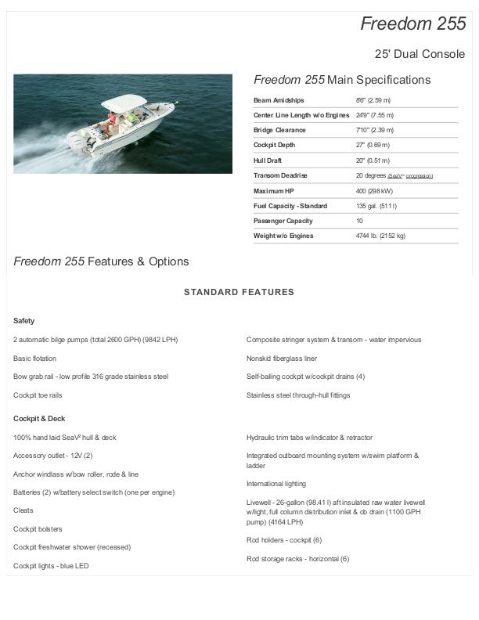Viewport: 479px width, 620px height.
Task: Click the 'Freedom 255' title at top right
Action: [412, 24]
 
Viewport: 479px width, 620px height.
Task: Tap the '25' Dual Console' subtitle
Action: [420, 54]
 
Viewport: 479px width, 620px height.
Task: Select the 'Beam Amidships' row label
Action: [279, 100]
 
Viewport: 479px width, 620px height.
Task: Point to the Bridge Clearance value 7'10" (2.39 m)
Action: [373, 130]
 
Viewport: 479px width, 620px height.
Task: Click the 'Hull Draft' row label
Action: [268, 160]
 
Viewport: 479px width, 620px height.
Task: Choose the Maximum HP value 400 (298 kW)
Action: [375, 191]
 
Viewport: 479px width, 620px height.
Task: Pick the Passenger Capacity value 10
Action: [359, 221]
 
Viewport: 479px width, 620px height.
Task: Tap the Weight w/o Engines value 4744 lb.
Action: [380, 236]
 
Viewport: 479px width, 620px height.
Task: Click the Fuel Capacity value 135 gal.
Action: [376, 206]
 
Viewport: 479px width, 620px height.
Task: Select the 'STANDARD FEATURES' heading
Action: [239, 292]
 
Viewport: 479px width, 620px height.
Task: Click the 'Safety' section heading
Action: [24, 321]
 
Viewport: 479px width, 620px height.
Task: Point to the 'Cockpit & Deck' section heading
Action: [39, 419]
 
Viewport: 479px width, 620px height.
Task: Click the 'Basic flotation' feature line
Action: [35, 358]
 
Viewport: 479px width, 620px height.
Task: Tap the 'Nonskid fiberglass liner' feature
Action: [282, 358]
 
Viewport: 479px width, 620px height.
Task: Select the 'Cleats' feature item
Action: [23, 510]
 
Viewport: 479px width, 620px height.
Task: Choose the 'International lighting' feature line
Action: [276, 484]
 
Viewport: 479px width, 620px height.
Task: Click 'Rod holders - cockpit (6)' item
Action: [284, 540]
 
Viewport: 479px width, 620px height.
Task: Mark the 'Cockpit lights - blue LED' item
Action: [51, 565]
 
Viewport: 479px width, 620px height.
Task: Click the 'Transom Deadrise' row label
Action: [280, 175]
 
